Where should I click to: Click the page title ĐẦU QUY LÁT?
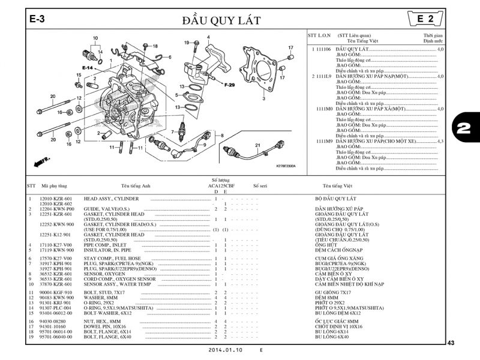222,20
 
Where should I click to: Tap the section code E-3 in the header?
37,19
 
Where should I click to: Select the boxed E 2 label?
426,19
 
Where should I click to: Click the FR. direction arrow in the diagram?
41,161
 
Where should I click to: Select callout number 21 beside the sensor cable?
257,145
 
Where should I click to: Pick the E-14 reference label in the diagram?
88,68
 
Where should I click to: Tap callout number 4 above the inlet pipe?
208,37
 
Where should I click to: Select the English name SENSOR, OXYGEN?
104,274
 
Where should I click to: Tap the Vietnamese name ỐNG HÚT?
326,245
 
